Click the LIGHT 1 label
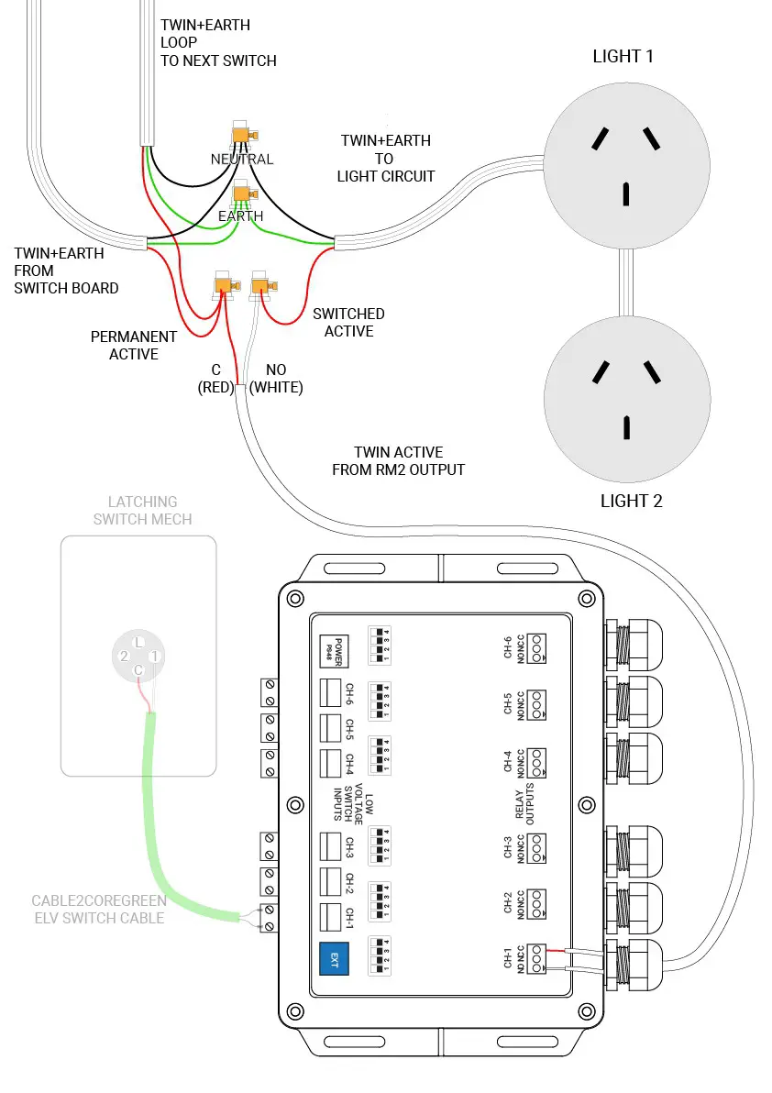[623, 56]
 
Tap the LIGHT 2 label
[631, 501]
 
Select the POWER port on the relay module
[331, 650]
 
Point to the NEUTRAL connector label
[242, 159]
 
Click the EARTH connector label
[241, 216]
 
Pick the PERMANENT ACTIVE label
[134, 346]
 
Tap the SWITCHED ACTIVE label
[348, 323]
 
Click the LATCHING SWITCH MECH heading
[142, 511]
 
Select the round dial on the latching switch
[138, 656]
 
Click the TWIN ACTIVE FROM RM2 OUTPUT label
[398, 461]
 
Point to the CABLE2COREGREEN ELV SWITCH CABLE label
[99, 909]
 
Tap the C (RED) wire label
[216, 379]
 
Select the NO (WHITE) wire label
[276, 379]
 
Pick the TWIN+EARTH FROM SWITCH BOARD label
[66, 270]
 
